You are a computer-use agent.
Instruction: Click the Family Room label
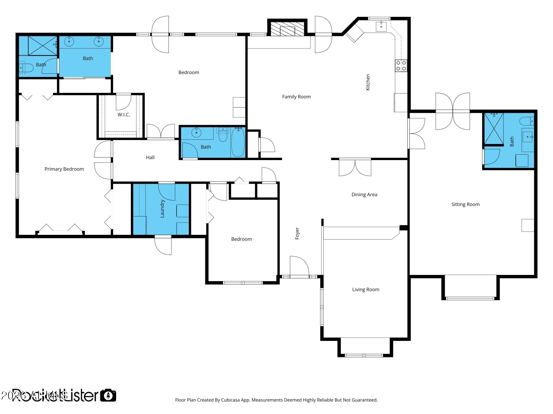(x=296, y=97)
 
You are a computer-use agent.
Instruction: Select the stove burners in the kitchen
(x=401, y=66)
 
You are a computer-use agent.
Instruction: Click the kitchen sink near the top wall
(x=381, y=26)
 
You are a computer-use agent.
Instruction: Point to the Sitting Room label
(x=465, y=204)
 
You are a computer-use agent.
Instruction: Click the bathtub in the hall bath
(x=238, y=142)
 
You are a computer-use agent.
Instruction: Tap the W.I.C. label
(x=124, y=115)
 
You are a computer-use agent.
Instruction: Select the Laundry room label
(x=162, y=209)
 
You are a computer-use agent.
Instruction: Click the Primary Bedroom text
(x=64, y=169)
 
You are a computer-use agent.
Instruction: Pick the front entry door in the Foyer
(x=299, y=267)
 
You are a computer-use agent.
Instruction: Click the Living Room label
(x=365, y=289)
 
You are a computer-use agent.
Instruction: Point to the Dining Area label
(x=364, y=195)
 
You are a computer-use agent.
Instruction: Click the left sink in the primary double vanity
(x=69, y=41)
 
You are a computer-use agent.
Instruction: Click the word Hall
(x=150, y=158)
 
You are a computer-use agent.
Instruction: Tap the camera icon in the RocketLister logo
(x=108, y=395)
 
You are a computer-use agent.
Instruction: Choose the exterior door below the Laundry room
(x=163, y=246)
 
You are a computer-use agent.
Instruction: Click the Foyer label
(x=297, y=234)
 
